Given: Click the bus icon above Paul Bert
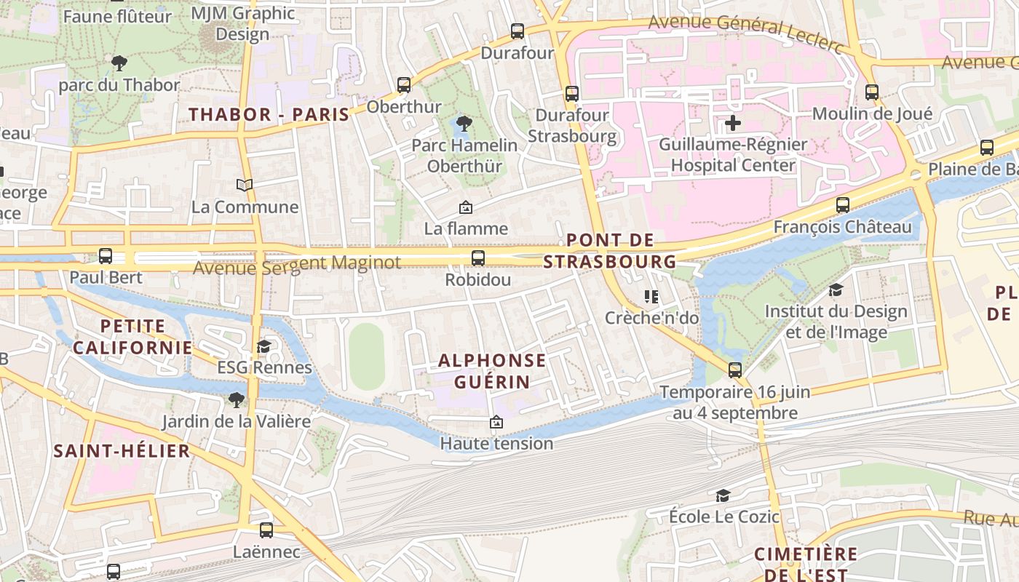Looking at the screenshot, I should click(x=106, y=255).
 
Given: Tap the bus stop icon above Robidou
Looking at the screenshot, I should click(x=477, y=258).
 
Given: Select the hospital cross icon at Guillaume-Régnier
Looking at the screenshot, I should click(x=733, y=123).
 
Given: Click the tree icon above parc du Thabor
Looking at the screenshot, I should click(x=119, y=63).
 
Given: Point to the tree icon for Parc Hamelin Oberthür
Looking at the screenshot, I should click(x=463, y=124).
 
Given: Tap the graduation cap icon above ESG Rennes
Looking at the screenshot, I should click(x=264, y=346).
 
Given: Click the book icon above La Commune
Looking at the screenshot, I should click(x=245, y=185).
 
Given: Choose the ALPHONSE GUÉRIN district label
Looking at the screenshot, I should click(x=492, y=371).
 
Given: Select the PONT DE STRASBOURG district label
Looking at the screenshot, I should click(x=610, y=250).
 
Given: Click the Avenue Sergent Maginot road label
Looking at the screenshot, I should click(x=297, y=264).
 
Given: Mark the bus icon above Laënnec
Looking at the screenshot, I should click(x=266, y=530).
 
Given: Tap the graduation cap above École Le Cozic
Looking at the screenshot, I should click(x=723, y=495).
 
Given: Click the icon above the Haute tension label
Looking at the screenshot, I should click(x=496, y=422).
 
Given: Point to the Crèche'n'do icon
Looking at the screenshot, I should click(x=651, y=296).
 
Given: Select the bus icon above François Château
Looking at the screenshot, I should click(x=842, y=205).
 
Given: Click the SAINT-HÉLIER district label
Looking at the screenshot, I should click(x=122, y=451).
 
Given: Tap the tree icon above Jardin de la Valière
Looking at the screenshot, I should click(x=236, y=399).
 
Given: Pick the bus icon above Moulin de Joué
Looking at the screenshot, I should click(x=871, y=92).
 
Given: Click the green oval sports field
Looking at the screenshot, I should click(x=366, y=356).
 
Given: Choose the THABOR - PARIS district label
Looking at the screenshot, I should click(x=269, y=114).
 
